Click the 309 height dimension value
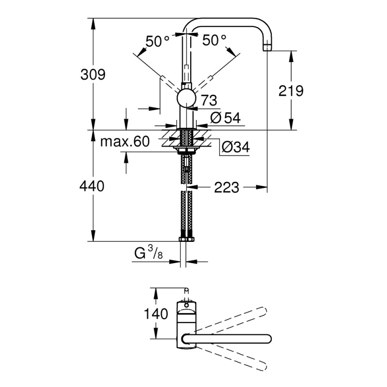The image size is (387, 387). coord(92,74)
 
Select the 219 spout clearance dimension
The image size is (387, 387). coord(291,90)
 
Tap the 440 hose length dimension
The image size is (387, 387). coord(92,186)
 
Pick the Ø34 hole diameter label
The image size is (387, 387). coord(235,148)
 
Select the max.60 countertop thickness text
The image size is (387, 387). coord(124,142)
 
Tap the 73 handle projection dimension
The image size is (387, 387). coord(208,101)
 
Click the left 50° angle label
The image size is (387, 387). coord(158,41)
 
